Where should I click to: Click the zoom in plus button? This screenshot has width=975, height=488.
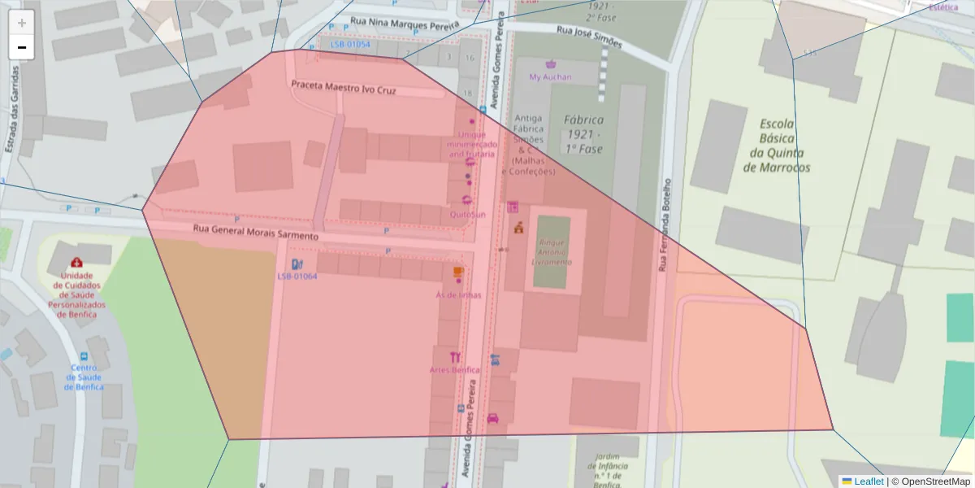(22, 23)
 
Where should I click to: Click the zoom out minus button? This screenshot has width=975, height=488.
(22, 47)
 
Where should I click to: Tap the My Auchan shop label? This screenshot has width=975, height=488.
(550, 77)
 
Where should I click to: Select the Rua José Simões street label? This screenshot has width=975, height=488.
(589, 35)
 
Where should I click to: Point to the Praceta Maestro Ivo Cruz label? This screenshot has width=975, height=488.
(344, 88)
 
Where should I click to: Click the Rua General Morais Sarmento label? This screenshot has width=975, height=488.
(255, 233)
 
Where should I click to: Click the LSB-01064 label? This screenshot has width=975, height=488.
(297, 277)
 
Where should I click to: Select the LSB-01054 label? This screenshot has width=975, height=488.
(350, 45)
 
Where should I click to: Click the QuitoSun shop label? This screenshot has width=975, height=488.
(467, 215)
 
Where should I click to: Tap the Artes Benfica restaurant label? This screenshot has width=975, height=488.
(454, 370)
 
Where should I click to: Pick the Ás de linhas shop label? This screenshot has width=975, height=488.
(458, 294)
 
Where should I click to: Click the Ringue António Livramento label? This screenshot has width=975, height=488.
(552, 252)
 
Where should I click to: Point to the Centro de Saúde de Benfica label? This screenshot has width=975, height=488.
(84, 377)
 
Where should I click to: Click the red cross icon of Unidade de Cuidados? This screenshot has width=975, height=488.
(76, 263)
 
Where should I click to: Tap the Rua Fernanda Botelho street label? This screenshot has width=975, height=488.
(664, 224)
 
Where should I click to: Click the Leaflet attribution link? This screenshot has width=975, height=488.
(868, 481)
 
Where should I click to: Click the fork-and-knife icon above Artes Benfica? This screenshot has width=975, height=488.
(455, 356)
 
